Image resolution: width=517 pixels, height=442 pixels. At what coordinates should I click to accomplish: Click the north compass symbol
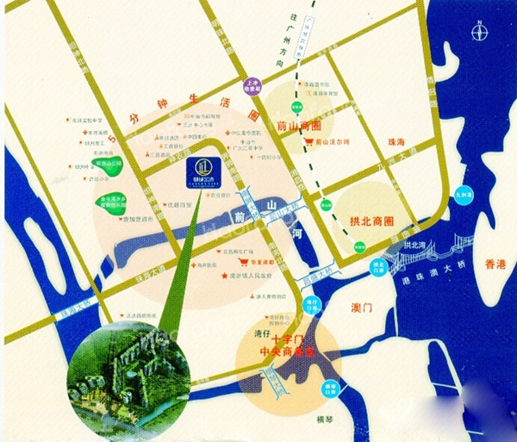coord(480,33)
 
